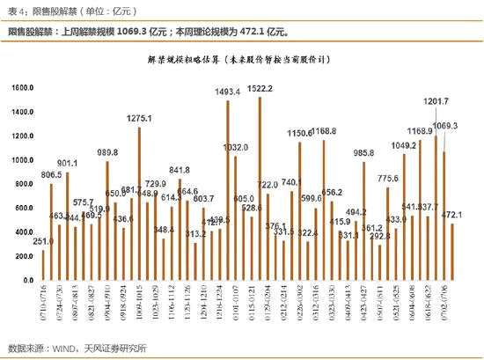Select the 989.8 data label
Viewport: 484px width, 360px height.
tap(107, 152)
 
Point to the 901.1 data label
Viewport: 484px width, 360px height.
tap(68, 163)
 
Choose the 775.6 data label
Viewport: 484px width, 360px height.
tap(388, 179)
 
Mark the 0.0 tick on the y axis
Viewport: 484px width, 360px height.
tap(27, 280)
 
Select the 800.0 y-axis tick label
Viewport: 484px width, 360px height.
tap(23, 184)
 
